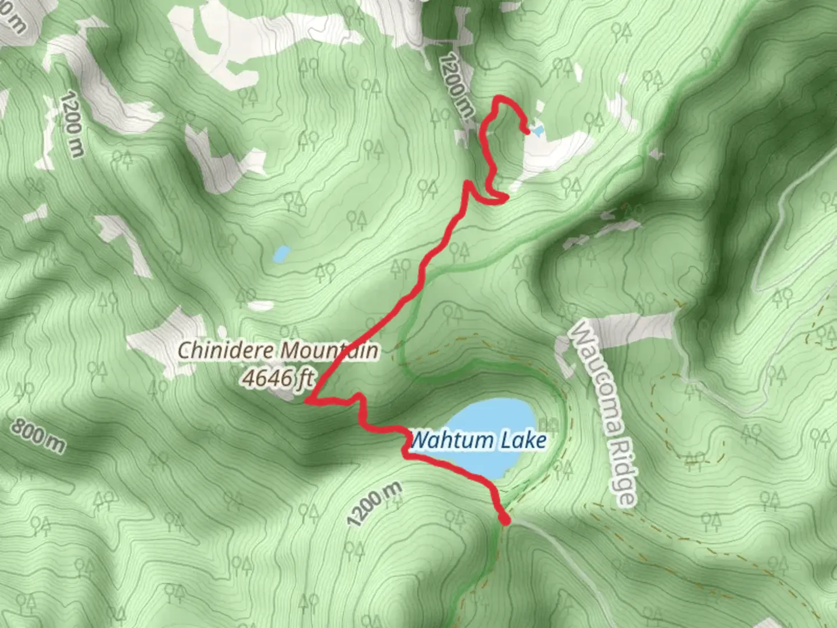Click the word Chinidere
point(226,351)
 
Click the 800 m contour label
point(38,437)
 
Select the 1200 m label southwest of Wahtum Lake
point(374,504)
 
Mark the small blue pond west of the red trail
point(282,254)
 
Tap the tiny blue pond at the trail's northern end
point(536,130)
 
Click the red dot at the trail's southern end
point(505,520)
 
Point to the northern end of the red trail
point(526,131)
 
